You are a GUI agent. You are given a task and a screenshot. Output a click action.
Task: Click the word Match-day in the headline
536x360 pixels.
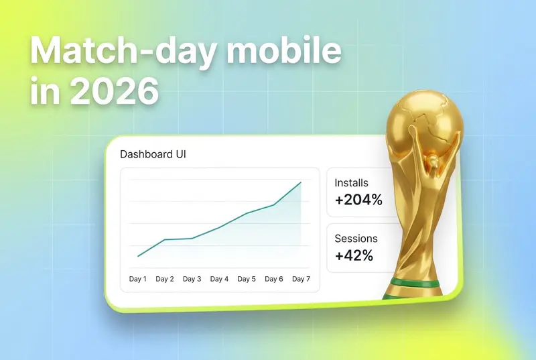[124, 51]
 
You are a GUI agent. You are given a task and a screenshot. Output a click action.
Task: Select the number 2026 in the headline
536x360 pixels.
[115, 91]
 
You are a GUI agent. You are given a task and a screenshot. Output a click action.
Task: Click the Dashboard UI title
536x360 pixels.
[153, 154]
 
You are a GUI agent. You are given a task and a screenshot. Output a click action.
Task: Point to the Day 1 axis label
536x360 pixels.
[138, 279]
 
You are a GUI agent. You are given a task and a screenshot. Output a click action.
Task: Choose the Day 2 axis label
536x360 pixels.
[165, 279]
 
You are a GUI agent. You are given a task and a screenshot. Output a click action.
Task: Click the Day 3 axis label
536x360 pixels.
[192, 279]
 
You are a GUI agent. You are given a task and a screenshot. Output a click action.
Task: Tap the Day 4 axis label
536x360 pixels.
[219, 279]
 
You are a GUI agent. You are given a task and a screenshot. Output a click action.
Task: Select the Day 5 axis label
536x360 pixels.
[247, 279]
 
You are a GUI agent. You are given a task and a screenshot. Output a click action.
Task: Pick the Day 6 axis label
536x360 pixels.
[274, 279]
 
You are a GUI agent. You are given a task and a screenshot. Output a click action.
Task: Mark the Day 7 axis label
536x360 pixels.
[301, 279]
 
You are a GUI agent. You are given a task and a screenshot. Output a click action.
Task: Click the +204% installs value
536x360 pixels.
[358, 200]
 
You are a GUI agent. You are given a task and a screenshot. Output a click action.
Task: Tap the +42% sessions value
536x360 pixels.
[354, 255]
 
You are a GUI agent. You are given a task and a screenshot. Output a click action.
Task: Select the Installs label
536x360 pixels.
[351, 183]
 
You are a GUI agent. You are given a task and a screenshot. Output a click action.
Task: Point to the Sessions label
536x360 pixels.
[356, 238]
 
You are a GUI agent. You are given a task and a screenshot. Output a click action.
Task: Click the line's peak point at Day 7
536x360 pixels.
[301, 182]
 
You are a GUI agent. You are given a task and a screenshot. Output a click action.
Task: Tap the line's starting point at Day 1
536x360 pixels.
[138, 256]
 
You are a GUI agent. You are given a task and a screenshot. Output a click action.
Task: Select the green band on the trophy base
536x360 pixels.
[414, 283]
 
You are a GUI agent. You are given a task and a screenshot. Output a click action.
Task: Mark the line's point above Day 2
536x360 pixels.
[165, 239]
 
